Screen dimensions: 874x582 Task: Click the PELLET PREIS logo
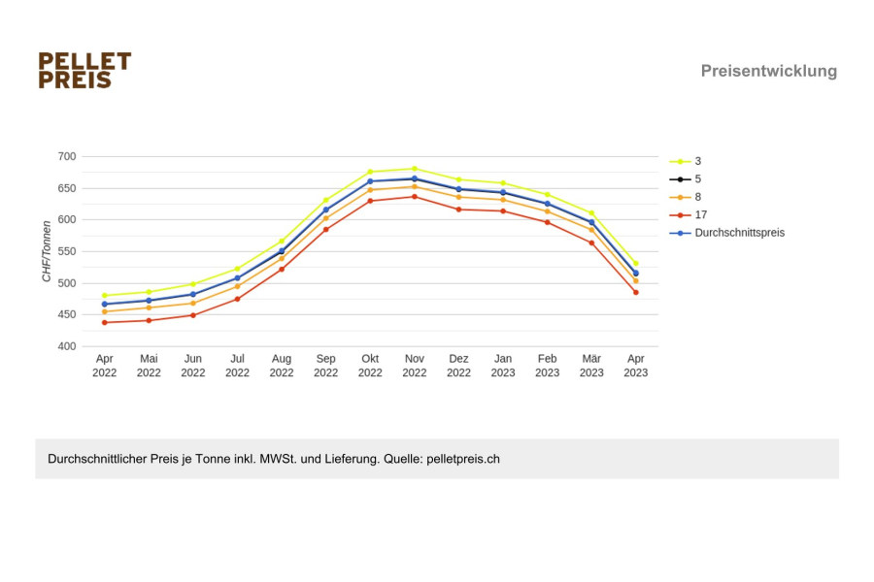(x=84, y=70)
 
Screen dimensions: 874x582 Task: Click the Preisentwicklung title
(x=769, y=71)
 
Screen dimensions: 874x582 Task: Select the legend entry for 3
(x=686, y=161)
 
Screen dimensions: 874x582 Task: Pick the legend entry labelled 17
(x=689, y=215)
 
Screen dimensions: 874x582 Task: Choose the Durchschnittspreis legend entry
(x=726, y=233)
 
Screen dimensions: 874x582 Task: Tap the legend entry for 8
(x=686, y=197)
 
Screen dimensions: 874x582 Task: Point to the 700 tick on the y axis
(x=67, y=156)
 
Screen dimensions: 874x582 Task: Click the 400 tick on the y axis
(x=67, y=346)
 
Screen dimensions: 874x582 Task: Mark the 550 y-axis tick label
(x=67, y=252)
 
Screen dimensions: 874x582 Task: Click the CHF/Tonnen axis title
(x=47, y=251)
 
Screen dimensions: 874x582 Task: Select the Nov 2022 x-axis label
(x=414, y=366)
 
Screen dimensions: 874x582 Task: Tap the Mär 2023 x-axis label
(x=591, y=366)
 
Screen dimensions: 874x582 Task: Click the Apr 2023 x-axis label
(x=635, y=366)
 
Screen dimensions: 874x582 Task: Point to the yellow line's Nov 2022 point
(x=414, y=169)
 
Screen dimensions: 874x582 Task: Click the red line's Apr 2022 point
(x=104, y=322)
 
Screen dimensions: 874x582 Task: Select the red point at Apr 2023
(x=635, y=292)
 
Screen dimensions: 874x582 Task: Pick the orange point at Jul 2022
(x=238, y=286)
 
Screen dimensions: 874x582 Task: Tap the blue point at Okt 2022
(x=370, y=181)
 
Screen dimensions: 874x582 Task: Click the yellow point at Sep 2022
(x=326, y=200)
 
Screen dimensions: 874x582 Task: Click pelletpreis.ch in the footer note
(x=463, y=459)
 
